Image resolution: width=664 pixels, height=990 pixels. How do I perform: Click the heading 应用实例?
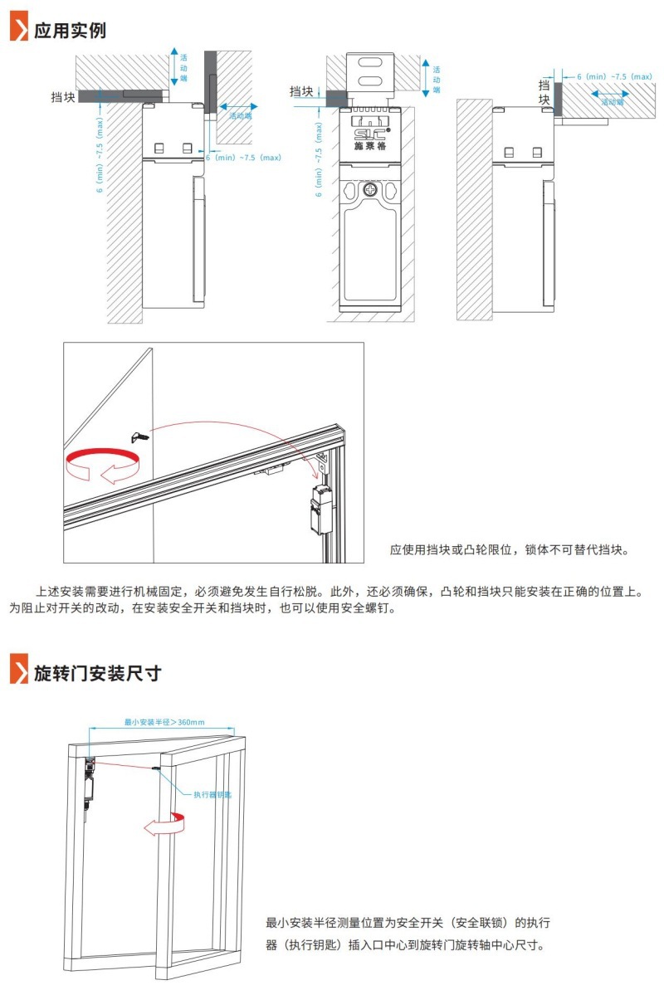click(x=70, y=30)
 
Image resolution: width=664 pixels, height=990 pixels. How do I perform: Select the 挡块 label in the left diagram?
click(x=63, y=97)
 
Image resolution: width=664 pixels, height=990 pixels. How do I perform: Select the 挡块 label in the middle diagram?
click(x=302, y=91)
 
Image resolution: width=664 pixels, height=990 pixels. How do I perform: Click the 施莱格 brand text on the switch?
click(x=370, y=148)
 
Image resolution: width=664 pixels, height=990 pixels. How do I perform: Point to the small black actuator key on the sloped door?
click(x=139, y=435)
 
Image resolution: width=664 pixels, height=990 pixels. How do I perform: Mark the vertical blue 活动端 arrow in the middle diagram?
click(x=425, y=78)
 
